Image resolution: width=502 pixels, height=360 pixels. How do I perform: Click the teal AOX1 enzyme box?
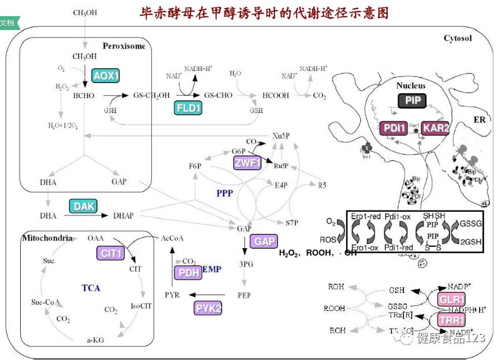click(x=106, y=76)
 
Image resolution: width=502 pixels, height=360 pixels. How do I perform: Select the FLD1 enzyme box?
click(x=188, y=108)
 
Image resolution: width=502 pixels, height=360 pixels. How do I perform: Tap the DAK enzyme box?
click(x=84, y=206)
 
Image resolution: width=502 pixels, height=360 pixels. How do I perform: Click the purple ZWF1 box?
click(x=248, y=163)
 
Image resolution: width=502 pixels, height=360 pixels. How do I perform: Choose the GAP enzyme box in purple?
click(x=265, y=241)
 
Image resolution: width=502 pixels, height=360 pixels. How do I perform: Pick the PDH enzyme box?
click(x=188, y=273)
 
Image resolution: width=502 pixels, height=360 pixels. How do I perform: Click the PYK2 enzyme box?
click(x=208, y=308)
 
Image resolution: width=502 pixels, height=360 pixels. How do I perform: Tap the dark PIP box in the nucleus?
click(x=413, y=100)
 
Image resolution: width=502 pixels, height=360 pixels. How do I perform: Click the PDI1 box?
click(x=394, y=128)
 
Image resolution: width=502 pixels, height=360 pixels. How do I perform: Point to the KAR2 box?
click(x=436, y=128)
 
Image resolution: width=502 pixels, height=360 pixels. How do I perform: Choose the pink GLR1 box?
click(x=452, y=300)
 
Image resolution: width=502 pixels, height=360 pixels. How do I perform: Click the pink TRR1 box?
click(x=452, y=320)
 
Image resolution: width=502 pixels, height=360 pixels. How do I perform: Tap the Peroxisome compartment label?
click(x=124, y=46)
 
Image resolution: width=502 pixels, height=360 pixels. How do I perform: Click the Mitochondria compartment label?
click(x=47, y=238)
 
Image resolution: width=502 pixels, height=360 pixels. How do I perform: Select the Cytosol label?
click(x=458, y=39)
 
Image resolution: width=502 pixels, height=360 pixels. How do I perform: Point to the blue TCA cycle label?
click(x=91, y=287)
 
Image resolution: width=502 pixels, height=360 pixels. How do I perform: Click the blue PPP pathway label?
click(x=224, y=193)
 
